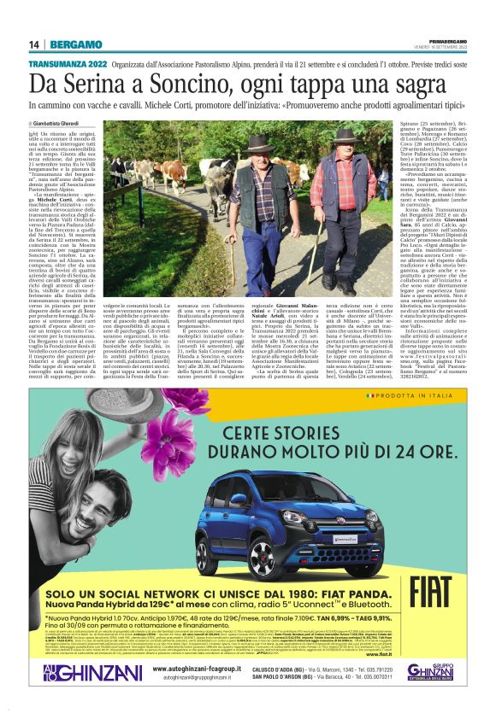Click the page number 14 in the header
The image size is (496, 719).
[34, 44]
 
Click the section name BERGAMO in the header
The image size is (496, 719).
[75, 44]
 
